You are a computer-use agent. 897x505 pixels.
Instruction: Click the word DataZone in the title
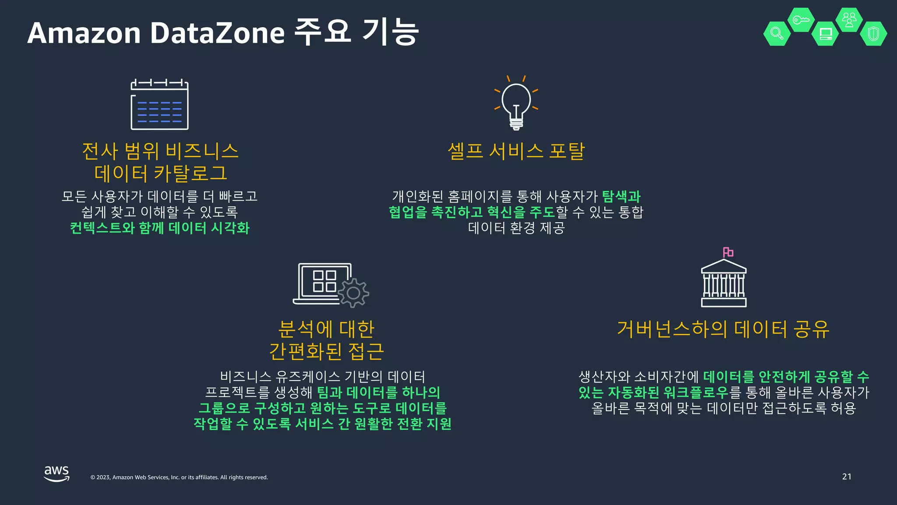click(x=217, y=33)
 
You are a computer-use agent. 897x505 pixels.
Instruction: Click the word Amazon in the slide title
click(x=84, y=33)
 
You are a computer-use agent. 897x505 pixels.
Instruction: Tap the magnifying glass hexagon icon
click(x=777, y=33)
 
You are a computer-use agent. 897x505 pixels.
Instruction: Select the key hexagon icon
click(x=801, y=20)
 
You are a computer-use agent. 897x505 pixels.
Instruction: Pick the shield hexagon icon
click(x=873, y=33)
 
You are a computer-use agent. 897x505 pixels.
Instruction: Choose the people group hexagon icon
click(x=849, y=20)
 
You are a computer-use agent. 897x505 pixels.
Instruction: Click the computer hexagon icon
click(x=825, y=34)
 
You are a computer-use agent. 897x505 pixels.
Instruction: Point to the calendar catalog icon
click(x=159, y=104)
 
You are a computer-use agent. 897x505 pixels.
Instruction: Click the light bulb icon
click(x=516, y=104)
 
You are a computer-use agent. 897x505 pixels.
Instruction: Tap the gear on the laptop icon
click(x=353, y=293)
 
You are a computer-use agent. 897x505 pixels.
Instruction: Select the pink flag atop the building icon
click(x=728, y=252)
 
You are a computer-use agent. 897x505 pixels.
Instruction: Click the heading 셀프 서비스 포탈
click(x=516, y=151)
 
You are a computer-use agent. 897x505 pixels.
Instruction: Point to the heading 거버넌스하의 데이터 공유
click(x=723, y=329)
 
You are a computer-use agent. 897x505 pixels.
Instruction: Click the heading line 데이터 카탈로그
click(x=160, y=173)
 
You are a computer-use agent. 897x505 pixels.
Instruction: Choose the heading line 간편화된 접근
click(x=326, y=351)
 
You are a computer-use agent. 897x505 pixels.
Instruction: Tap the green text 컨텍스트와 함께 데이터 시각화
click(x=159, y=228)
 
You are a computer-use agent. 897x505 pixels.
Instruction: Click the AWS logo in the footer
click(x=57, y=473)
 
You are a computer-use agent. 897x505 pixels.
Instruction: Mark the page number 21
click(x=847, y=477)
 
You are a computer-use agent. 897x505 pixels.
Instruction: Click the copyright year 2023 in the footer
click(x=103, y=477)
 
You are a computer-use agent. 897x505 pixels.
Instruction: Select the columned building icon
click(x=724, y=284)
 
